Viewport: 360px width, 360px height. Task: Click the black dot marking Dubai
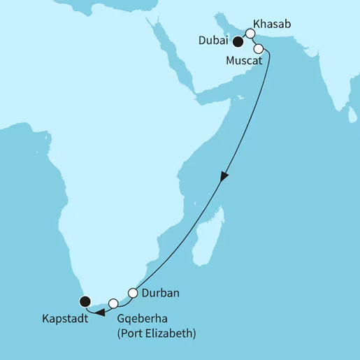pos(238,42)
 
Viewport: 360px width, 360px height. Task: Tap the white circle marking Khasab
pos(250,33)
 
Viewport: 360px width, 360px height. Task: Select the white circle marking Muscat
pos(259,49)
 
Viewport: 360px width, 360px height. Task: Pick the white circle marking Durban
pos(132,292)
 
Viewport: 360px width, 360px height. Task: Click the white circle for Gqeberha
pos(113,303)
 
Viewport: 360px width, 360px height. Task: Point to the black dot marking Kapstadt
pos(85,302)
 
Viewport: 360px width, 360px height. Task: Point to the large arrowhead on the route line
pos(223,178)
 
